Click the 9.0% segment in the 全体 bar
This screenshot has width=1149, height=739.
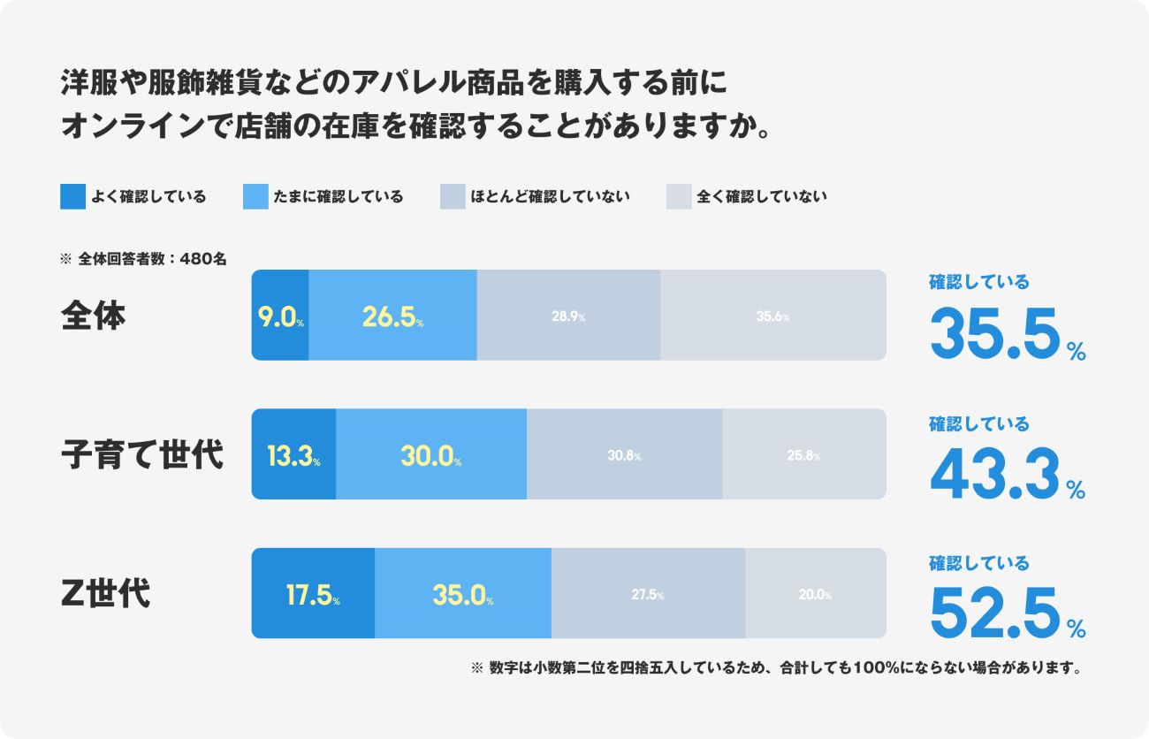click(280, 316)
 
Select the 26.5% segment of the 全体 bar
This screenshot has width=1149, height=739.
click(392, 316)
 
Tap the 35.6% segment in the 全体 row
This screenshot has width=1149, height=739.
click(772, 316)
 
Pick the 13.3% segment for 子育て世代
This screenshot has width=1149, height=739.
click(293, 454)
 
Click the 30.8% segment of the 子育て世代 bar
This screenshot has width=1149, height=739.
click(624, 454)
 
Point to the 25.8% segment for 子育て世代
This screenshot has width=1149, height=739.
click(803, 454)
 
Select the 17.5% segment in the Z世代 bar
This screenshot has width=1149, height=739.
click(313, 594)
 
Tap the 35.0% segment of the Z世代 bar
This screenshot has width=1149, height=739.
click(462, 594)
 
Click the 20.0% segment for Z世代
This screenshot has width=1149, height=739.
click(815, 594)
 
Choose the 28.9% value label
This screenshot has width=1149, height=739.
click(568, 316)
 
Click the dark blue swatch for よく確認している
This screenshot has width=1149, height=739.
click(72, 196)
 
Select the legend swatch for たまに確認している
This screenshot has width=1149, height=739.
click(255, 196)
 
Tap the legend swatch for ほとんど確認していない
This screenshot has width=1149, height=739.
click(453, 196)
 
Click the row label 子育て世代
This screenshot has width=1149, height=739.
click(142, 455)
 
